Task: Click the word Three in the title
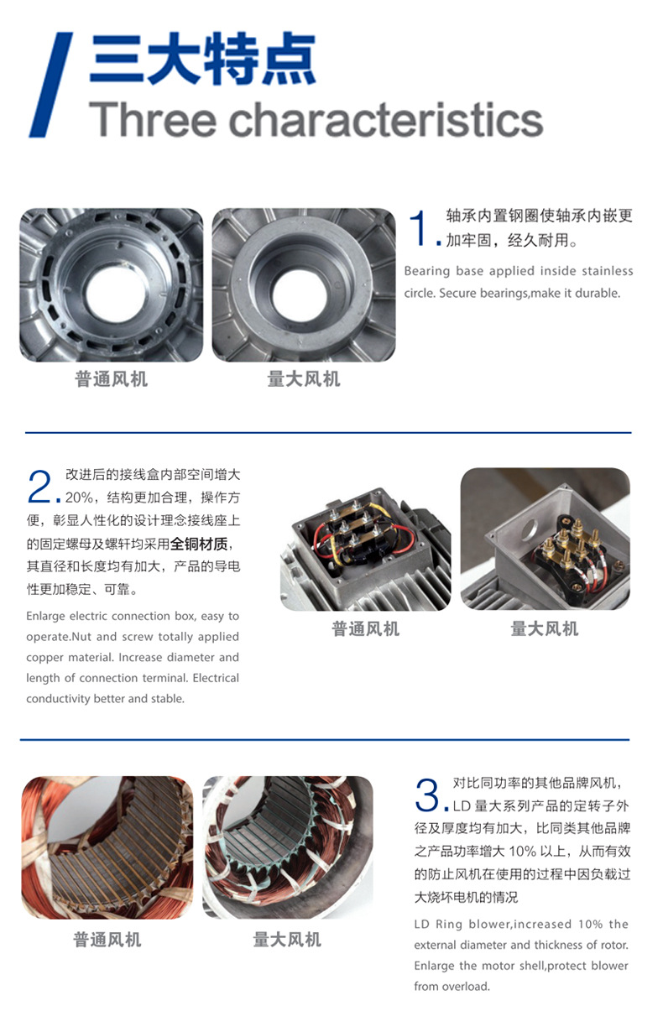tap(153, 119)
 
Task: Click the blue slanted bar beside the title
tap(50, 85)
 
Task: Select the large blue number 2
tap(39, 487)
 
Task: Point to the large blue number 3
tap(427, 795)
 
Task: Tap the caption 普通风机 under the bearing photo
tap(111, 379)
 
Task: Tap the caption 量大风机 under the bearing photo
tap(304, 379)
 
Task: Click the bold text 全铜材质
tap(199, 544)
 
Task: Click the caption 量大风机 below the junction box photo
tap(544, 628)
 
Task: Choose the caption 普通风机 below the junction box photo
tap(365, 628)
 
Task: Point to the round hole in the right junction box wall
tap(530, 529)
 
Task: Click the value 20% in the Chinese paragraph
tap(79, 498)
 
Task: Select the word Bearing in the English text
tap(426, 271)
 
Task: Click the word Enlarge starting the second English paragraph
tap(45, 617)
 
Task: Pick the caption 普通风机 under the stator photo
tap(107, 940)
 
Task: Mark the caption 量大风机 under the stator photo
tap(287, 940)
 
